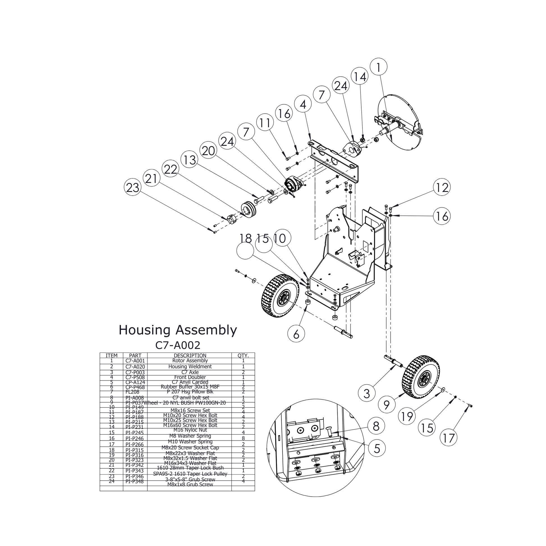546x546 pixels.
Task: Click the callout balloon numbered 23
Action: (132, 187)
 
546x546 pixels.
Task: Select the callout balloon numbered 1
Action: (378, 67)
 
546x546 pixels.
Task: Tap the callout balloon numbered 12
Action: (442, 187)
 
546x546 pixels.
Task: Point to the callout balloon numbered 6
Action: (296, 334)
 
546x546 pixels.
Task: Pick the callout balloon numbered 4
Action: (303, 104)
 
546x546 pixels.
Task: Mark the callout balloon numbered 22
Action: (170, 169)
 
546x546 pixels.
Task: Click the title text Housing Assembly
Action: (178, 330)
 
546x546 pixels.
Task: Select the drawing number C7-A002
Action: (178, 345)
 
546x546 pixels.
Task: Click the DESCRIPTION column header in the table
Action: (190, 355)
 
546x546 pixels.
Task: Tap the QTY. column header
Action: (243, 355)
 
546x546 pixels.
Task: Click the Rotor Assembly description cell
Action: (190, 361)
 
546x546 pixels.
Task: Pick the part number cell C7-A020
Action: (135, 367)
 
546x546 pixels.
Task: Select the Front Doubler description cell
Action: (190, 377)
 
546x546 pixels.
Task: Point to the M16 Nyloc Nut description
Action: (190, 430)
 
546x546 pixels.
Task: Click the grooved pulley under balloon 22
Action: (248, 209)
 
